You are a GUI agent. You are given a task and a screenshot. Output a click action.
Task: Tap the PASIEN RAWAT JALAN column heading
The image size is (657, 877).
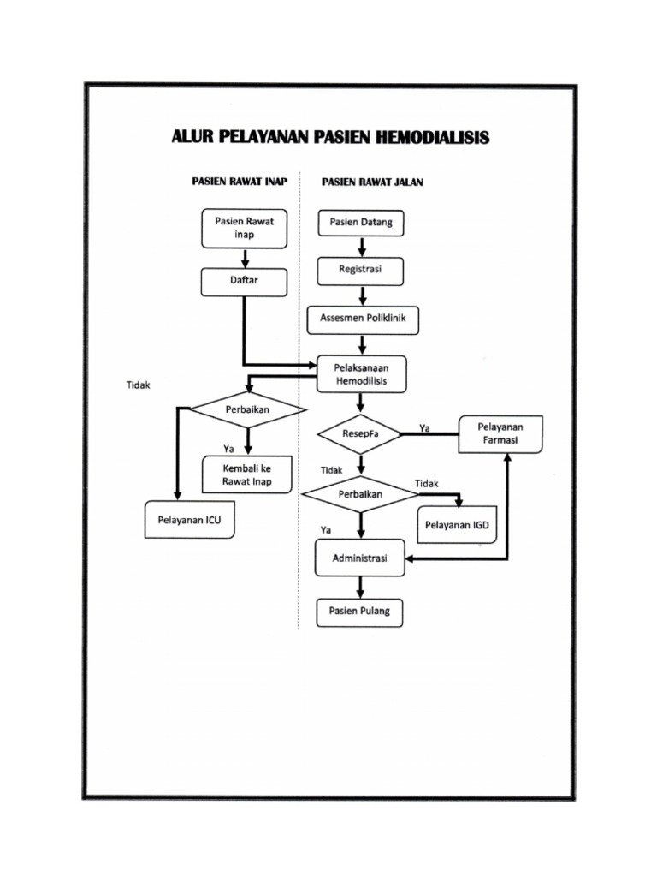click(372, 182)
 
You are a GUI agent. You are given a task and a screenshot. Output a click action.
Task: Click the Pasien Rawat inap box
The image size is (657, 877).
click(245, 228)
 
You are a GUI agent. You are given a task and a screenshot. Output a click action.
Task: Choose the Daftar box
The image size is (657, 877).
click(245, 281)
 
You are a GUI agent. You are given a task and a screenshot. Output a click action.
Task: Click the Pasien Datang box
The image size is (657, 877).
click(361, 223)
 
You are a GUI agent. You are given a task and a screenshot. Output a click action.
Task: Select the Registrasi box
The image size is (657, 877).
click(360, 271)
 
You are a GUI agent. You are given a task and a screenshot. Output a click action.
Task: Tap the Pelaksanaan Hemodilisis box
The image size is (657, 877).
click(362, 373)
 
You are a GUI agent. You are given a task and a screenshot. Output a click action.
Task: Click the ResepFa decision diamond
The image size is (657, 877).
click(360, 434)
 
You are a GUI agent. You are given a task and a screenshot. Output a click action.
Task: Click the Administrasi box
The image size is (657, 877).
click(359, 559)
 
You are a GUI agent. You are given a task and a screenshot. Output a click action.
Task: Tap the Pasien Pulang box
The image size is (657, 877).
click(360, 612)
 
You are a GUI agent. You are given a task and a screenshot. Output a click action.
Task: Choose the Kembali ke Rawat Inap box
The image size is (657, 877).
click(246, 474)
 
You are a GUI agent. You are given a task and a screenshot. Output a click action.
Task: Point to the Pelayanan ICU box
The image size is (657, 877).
click(189, 519)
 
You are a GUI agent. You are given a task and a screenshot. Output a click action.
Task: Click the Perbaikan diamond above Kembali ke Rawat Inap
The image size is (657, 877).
click(247, 409)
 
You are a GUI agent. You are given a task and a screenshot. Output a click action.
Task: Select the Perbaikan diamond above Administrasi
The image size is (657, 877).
click(360, 495)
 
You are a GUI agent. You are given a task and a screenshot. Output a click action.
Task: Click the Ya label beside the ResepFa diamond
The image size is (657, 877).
click(424, 427)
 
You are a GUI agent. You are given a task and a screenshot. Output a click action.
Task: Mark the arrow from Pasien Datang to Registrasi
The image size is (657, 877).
click(361, 247)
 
